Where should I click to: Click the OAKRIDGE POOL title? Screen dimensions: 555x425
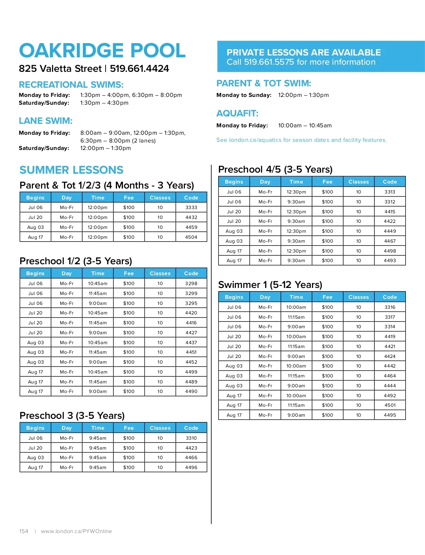[102, 51]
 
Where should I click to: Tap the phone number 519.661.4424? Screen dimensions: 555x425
[139, 69]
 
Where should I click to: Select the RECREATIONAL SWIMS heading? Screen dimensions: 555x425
[71, 85]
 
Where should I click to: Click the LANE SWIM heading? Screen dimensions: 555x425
[46, 121]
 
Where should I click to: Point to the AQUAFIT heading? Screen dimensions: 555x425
[237, 114]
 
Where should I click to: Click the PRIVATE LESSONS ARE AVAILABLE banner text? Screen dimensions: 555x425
[304, 53]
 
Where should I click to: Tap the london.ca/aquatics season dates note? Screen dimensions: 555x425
[301, 140]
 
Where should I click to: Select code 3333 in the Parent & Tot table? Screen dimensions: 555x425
[191, 208]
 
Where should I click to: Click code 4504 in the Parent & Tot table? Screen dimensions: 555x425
[191, 237]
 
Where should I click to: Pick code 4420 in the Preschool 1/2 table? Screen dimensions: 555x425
[191, 313]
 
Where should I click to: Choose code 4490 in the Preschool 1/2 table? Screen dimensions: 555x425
[191, 392]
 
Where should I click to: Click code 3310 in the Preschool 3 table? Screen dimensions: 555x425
[191, 438]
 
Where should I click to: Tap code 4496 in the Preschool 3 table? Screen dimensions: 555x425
[191, 468]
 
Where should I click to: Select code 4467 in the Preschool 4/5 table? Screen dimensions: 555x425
[390, 241]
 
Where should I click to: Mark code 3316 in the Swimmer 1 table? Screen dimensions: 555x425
[390, 307]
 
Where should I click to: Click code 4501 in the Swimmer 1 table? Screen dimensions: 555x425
[390, 405]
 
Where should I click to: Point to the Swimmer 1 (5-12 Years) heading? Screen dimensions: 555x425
[270, 285]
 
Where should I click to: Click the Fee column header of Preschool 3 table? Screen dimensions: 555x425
[129, 428]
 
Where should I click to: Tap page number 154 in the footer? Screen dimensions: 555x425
[24, 531]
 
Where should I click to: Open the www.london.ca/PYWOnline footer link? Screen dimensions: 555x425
[76, 531]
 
